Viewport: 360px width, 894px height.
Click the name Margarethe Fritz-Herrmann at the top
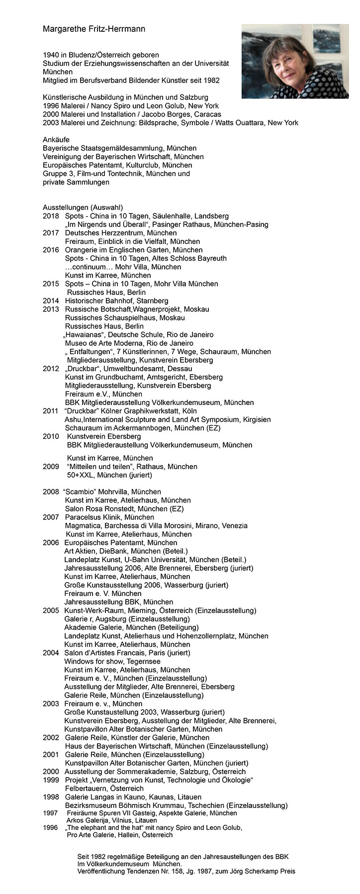[x=94, y=30]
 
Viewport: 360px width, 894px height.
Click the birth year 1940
[x=51, y=55]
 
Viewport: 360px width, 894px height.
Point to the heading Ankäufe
[x=56, y=140]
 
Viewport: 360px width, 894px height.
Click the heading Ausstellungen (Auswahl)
[x=83, y=207]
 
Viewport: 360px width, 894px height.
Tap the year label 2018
[x=51, y=216]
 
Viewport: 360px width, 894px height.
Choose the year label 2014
[x=51, y=300]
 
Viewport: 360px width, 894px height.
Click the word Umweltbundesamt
[x=132, y=369]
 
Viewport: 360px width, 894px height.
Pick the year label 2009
[x=51, y=466]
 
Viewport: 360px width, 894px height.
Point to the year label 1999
[x=51, y=779]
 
